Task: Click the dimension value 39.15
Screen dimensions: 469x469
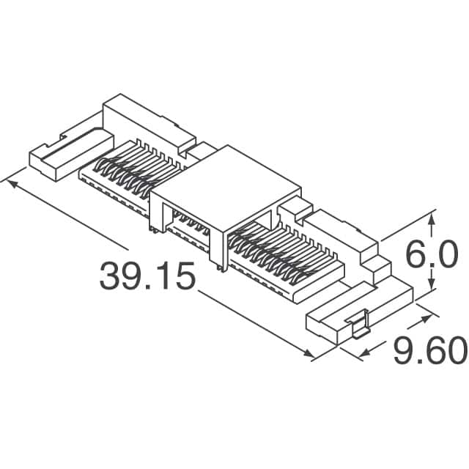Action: click(x=148, y=277)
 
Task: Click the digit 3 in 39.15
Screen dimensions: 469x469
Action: click(x=112, y=277)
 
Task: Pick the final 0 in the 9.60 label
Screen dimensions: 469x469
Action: click(x=454, y=352)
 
